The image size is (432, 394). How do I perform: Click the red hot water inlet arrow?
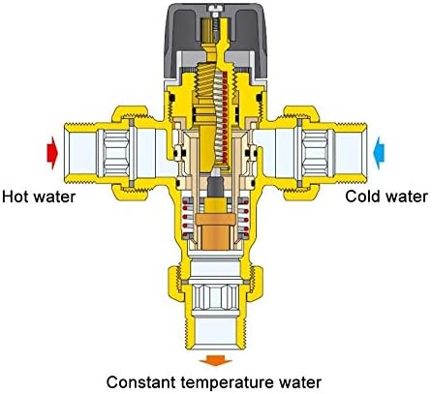pos(52,153)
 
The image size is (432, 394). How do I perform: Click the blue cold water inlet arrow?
pos(379,153)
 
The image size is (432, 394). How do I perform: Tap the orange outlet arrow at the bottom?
pos(216,360)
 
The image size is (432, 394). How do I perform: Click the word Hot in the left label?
pos(14,197)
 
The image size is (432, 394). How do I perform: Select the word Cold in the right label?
pos(360,196)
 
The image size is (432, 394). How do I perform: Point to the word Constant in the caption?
pos(141,382)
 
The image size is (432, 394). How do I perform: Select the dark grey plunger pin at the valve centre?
pos(215,187)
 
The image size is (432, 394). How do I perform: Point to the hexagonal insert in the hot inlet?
pos(115,153)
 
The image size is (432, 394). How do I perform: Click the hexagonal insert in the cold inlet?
pos(315,153)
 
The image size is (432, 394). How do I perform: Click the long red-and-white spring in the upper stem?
pos(222,117)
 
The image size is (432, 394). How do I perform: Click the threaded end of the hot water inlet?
pos(80,153)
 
